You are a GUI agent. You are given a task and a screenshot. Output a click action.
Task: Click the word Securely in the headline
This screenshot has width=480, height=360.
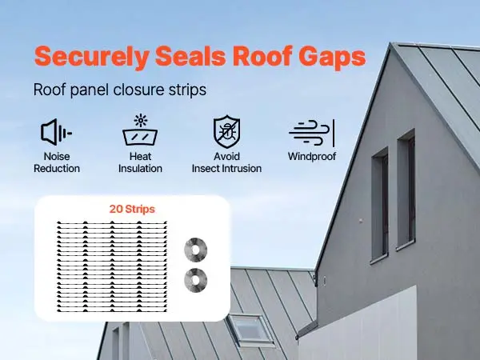pos(92,57)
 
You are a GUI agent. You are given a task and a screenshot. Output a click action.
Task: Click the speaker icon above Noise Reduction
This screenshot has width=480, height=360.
pos(56,132)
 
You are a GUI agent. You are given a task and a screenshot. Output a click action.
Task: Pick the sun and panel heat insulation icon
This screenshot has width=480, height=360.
pos(140,130)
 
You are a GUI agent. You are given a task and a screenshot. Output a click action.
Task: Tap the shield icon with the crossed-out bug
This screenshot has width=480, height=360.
pos(226,132)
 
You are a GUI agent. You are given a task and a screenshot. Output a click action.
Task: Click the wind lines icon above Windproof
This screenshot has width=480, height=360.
pos(312,133)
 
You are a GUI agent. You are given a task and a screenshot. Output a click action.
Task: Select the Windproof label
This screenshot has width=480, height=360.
pos(312,157)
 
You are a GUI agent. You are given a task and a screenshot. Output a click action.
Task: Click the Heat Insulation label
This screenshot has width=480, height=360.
pos(140,162)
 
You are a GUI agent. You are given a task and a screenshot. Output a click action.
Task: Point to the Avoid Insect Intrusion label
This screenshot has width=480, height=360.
pos(226,162)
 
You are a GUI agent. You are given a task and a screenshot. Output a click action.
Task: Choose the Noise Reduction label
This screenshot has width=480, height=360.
pos(57,162)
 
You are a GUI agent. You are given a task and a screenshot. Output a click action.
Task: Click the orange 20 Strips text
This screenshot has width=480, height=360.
pos(132,209)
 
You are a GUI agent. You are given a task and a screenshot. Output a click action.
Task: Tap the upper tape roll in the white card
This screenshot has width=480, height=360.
pos(196,250)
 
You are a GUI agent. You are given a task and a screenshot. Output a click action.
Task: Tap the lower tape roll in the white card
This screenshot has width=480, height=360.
pos(196,280)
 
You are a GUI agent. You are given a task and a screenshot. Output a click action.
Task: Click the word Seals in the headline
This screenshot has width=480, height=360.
pos(190,55)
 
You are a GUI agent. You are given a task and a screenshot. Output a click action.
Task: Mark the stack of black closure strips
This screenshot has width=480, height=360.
pos(112,266)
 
